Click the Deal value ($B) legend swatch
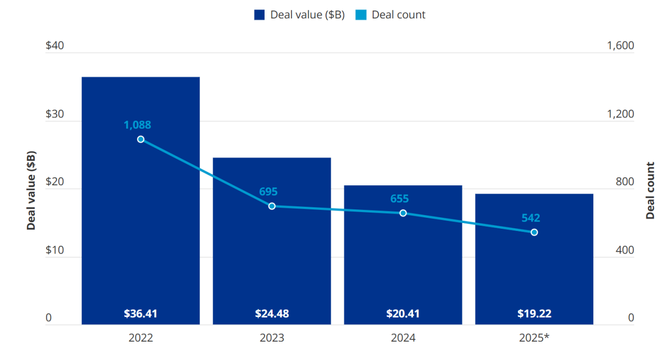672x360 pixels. tap(259, 15)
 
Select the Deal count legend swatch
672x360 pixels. tap(361, 15)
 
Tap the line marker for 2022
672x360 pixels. tap(141, 139)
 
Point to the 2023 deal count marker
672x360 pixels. tap(272, 206)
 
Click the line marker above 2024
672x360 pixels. tap(403, 213)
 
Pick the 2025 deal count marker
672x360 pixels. tap(534, 232)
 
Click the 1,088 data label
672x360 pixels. tap(138, 125)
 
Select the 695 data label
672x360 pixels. tap(268, 192)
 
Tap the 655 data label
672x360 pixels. tap(400, 199)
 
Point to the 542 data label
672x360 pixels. tap(531, 218)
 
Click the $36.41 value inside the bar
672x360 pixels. tap(141, 314)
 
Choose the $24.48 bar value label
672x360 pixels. tap(272, 314)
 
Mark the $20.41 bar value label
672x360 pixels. tap(403, 314)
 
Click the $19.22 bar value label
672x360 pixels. tap(534, 314)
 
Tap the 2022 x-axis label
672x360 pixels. tap(141, 338)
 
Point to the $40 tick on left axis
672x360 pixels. tap(55, 46)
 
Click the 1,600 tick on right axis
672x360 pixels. tap(621, 46)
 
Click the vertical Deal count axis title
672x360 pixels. tap(650, 190)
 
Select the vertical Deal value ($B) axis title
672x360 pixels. tap(31, 190)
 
